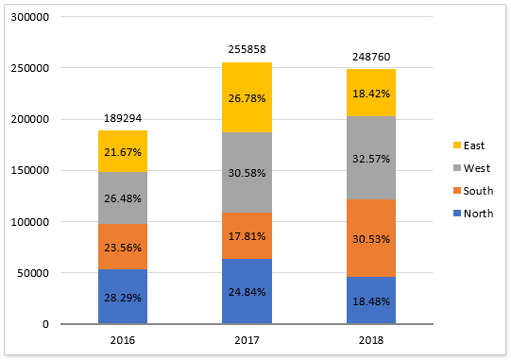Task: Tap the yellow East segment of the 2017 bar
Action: click(247, 96)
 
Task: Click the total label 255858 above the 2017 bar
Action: click(247, 48)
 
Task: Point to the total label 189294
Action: click(122, 119)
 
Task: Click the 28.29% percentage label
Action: click(122, 298)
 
